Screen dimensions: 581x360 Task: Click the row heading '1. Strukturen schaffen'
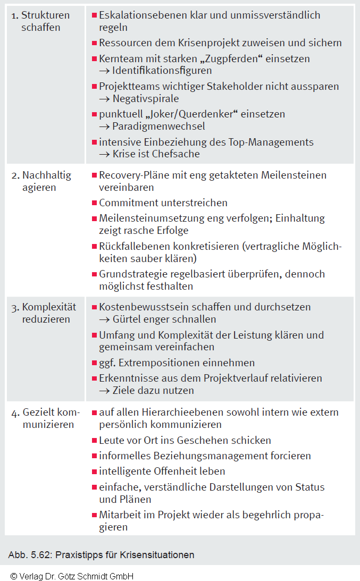tap(41, 21)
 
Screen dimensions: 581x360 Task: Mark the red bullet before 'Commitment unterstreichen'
tap(94, 203)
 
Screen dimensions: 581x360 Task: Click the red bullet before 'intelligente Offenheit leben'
tap(94, 471)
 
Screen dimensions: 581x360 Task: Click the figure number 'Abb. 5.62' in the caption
tap(27, 555)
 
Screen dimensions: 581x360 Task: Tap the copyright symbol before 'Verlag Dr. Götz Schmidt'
tap(13, 576)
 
